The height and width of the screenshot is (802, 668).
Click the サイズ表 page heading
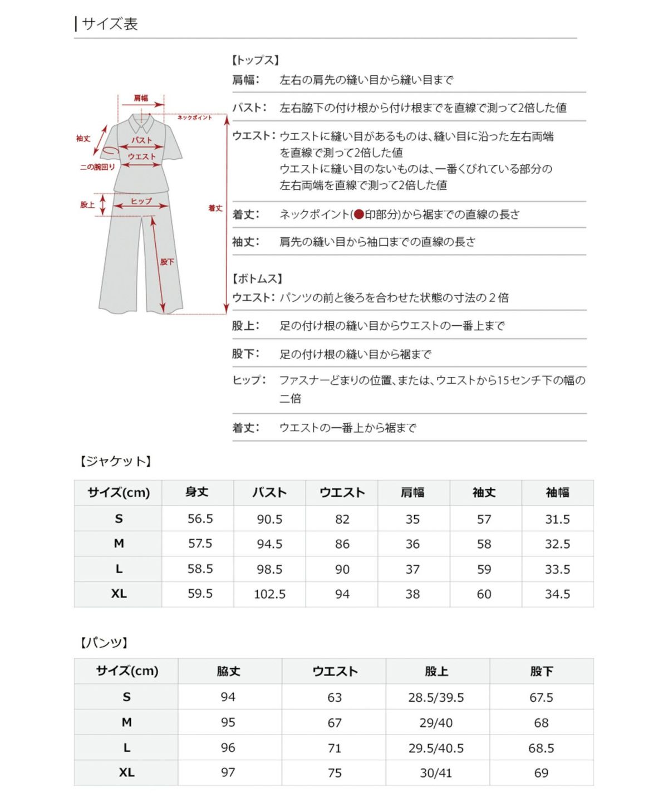click(x=109, y=24)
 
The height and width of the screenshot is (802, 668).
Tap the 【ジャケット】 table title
click(x=115, y=461)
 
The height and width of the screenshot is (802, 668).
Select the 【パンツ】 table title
click(x=104, y=643)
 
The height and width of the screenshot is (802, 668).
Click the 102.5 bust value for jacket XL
click(x=269, y=594)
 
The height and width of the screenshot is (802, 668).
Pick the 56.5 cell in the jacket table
click(x=200, y=519)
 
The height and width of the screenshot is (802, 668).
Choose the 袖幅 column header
click(x=557, y=492)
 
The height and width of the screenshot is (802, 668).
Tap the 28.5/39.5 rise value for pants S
click(x=436, y=697)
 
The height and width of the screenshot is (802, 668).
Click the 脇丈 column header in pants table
click(x=228, y=671)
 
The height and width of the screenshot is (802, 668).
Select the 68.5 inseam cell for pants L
click(x=541, y=748)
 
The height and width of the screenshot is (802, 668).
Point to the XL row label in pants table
click(x=126, y=772)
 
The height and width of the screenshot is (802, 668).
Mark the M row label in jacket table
click(x=119, y=544)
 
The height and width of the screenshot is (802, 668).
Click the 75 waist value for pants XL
click(x=335, y=773)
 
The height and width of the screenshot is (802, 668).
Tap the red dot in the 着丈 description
click(x=358, y=214)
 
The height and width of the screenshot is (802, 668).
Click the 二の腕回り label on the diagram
click(x=97, y=167)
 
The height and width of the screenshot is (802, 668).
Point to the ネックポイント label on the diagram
click(x=194, y=118)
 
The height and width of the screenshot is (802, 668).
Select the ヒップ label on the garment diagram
click(x=141, y=201)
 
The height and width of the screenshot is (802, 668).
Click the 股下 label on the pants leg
click(x=167, y=262)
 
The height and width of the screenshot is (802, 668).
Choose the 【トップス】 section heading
click(x=255, y=60)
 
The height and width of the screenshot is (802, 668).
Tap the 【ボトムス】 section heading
click(x=257, y=278)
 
